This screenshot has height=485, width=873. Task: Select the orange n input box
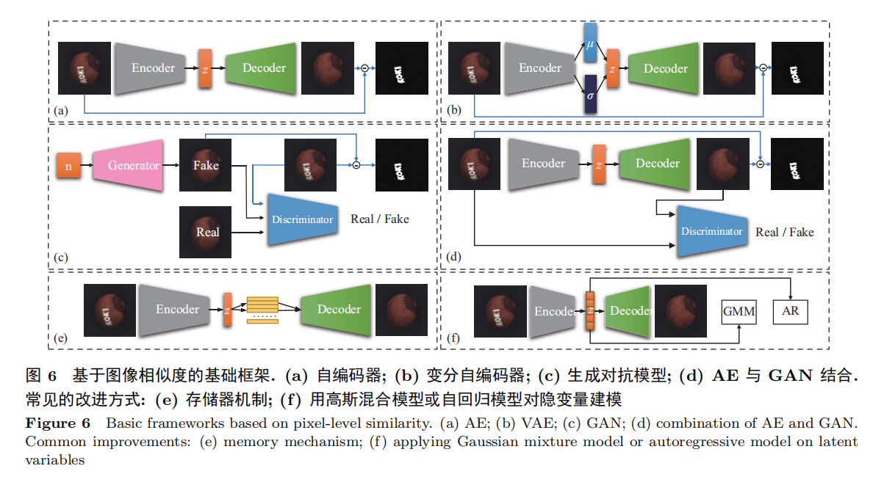click(68, 167)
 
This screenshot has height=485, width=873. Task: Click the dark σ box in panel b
click(591, 95)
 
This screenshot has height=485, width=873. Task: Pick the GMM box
click(739, 311)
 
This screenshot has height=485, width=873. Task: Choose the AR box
click(790, 310)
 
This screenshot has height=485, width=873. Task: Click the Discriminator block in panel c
click(303, 219)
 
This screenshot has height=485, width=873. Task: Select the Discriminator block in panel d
click(711, 231)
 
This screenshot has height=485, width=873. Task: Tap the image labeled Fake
click(206, 165)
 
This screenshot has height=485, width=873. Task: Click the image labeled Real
click(207, 232)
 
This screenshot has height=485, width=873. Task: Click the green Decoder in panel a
click(264, 68)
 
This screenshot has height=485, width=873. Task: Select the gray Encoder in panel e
click(177, 310)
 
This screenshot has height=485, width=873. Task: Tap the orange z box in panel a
click(205, 69)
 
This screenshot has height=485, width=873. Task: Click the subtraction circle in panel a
click(364, 68)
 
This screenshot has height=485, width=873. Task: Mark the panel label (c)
click(61, 258)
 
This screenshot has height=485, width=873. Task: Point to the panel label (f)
click(454, 339)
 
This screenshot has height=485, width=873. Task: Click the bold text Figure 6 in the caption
click(58, 423)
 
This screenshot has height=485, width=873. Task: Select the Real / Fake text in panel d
click(785, 232)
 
